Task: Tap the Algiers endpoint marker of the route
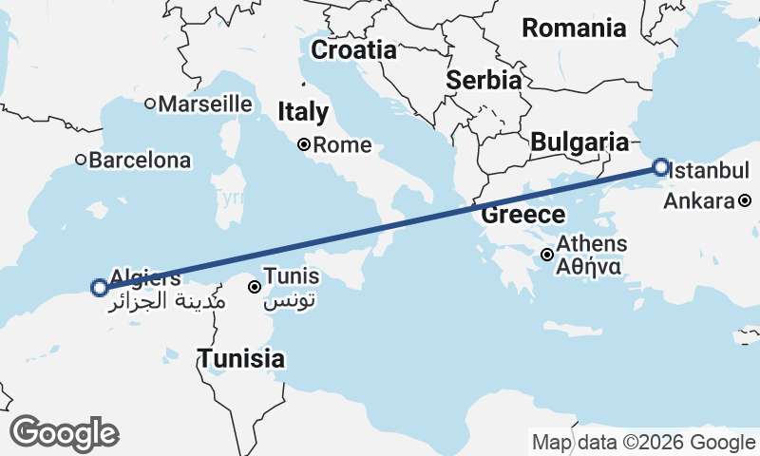click(99, 287)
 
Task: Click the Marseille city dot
click(150, 104)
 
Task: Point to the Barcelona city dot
click(81, 161)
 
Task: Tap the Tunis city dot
click(254, 286)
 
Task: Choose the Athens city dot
click(547, 254)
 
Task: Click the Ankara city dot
click(745, 200)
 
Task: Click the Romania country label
click(574, 28)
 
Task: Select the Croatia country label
click(353, 49)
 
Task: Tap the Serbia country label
click(484, 80)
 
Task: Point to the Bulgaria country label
click(579, 142)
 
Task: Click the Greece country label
click(522, 215)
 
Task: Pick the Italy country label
click(303, 113)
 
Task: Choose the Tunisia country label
click(241, 359)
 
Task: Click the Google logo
click(64, 433)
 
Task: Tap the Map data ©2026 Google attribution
click(643, 443)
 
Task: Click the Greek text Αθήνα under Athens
click(590, 266)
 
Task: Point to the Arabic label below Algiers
click(167, 302)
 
